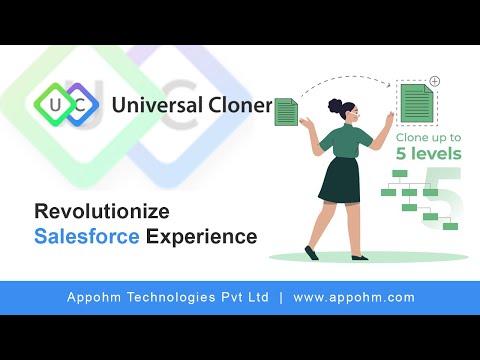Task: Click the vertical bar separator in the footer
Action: [280, 297]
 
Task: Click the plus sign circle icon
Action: [435, 80]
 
